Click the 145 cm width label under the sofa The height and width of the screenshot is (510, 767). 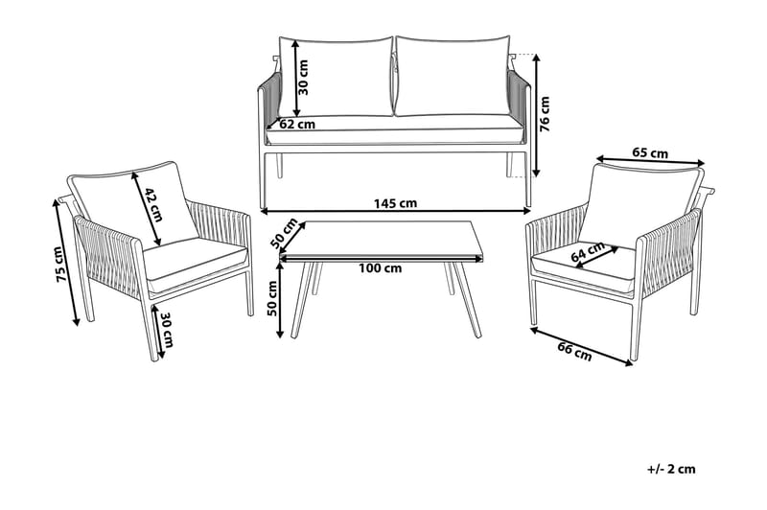(394, 203)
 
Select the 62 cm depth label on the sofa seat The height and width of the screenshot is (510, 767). (296, 124)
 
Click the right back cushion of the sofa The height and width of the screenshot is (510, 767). (451, 77)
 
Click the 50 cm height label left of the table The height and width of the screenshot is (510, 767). (272, 297)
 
